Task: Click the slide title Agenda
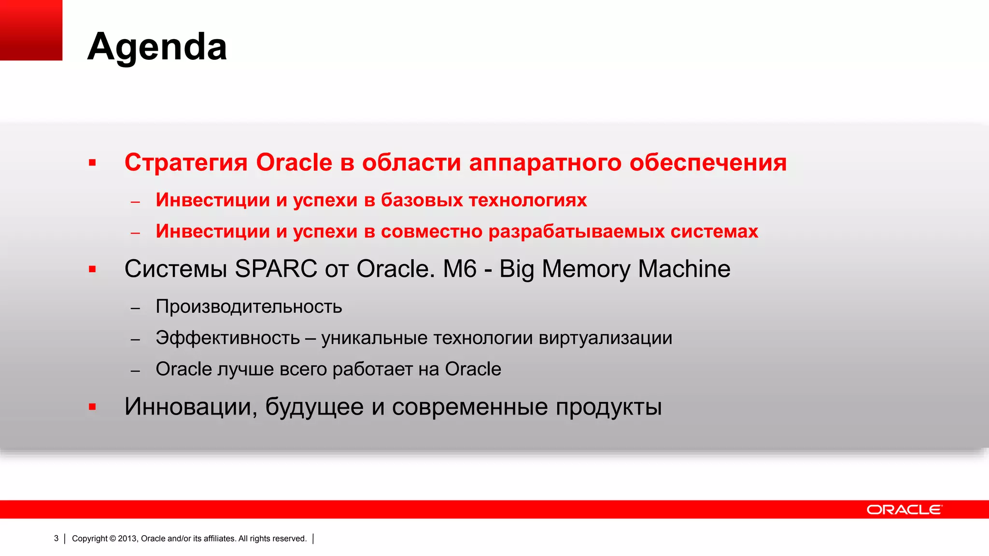[157, 47]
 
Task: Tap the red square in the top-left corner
[31, 30]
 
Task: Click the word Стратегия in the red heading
[186, 162]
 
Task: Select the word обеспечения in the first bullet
[708, 162]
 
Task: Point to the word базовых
[421, 200]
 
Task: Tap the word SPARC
[276, 269]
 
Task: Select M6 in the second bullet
[460, 269]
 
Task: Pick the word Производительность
[249, 307]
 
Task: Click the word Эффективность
[227, 338]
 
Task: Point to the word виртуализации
[605, 338]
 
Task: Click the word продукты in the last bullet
[608, 407]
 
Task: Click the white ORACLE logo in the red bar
[904, 510]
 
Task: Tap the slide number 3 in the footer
[56, 539]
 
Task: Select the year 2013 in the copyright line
[127, 539]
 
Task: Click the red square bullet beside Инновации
[92, 407]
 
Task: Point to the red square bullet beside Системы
[92, 269]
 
